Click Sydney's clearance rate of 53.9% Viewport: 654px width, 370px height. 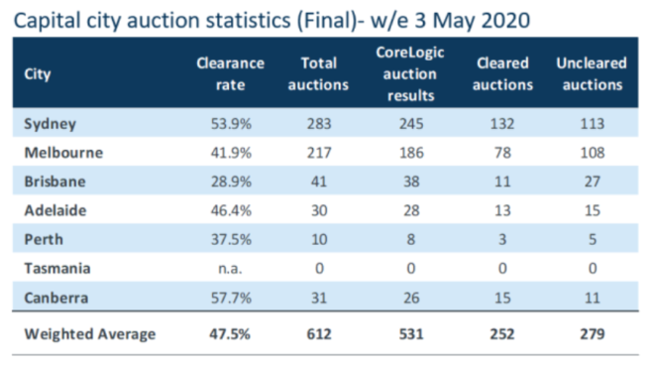pyautogui.click(x=231, y=124)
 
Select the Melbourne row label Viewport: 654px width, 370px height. pyautogui.click(x=63, y=153)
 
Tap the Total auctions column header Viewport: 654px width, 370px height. pyautogui.click(x=318, y=74)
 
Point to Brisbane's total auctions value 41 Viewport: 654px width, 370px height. pyautogui.click(x=319, y=182)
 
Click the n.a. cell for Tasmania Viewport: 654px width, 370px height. pyautogui.click(x=230, y=268)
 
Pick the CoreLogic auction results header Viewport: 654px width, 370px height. pyautogui.click(x=410, y=74)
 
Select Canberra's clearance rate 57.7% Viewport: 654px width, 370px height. pyautogui.click(x=231, y=298)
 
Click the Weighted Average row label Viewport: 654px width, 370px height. pyautogui.click(x=89, y=334)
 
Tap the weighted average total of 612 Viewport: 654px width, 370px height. pyautogui.click(x=319, y=334)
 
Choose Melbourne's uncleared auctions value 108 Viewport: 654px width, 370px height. pyautogui.click(x=593, y=153)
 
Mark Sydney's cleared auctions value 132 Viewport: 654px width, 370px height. pyautogui.click(x=502, y=124)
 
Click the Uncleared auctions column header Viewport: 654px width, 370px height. pyautogui.click(x=592, y=74)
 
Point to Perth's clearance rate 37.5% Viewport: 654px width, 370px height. pyautogui.click(x=231, y=239)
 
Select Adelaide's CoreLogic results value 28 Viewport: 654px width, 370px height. pyautogui.click(x=411, y=210)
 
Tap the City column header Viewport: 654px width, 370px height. pyautogui.click(x=38, y=74)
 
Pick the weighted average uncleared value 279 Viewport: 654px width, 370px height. pyautogui.click(x=593, y=334)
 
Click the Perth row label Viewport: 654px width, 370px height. pyautogui.click(x=44, y=239)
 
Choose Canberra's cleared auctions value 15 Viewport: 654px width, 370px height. pyautogui.click(x=502, y=298)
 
